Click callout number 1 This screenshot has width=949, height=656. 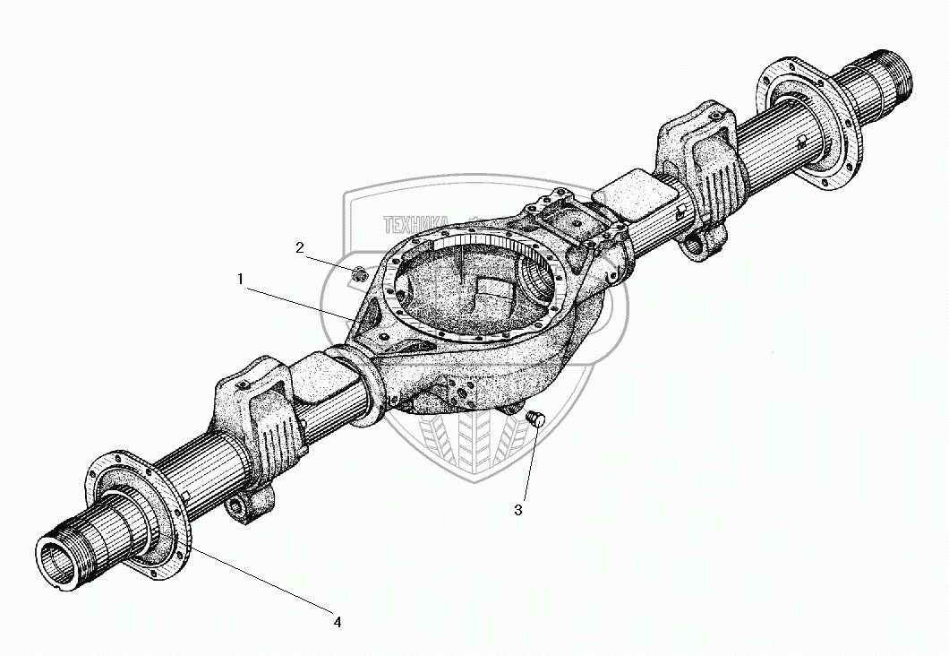pyautogui.click(x=240, y=280)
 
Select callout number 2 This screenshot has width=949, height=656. pyautogui.click(x=301, y=247)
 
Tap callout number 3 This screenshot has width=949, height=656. pyautogui.click(x=517, y=510)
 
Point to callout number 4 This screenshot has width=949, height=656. pyautogui.click(x=338, y=621)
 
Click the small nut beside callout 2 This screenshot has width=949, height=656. pyautogui.click(x=357, y=275)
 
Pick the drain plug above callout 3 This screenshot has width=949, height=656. pyautogui.click(x=537, y=419)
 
